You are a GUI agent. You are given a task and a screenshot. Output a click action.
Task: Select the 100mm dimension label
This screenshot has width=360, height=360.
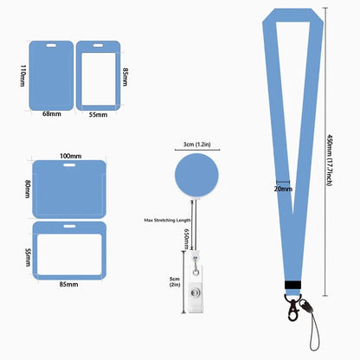pos(71,156)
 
